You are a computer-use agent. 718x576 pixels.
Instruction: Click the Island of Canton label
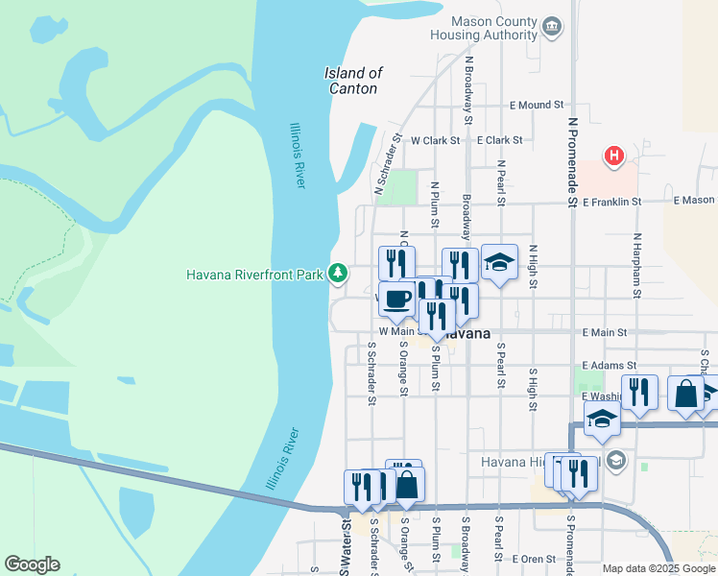point(353,81)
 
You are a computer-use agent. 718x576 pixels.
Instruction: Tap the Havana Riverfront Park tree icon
point(337,274)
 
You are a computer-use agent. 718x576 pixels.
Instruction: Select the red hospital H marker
point(613,156)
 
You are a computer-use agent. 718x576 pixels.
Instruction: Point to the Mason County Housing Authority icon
point(552,26)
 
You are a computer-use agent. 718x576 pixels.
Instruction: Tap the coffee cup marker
point(396,300)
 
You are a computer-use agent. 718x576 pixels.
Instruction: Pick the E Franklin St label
point(616,202)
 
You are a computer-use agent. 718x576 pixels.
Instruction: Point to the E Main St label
point(604,332)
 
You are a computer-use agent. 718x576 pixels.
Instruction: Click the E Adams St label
point(610,366)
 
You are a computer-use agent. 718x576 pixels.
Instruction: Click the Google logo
point(32,564)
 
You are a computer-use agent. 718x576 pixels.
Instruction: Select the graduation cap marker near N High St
point(498,262)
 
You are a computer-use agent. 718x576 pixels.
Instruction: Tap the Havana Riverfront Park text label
point(254,275)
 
